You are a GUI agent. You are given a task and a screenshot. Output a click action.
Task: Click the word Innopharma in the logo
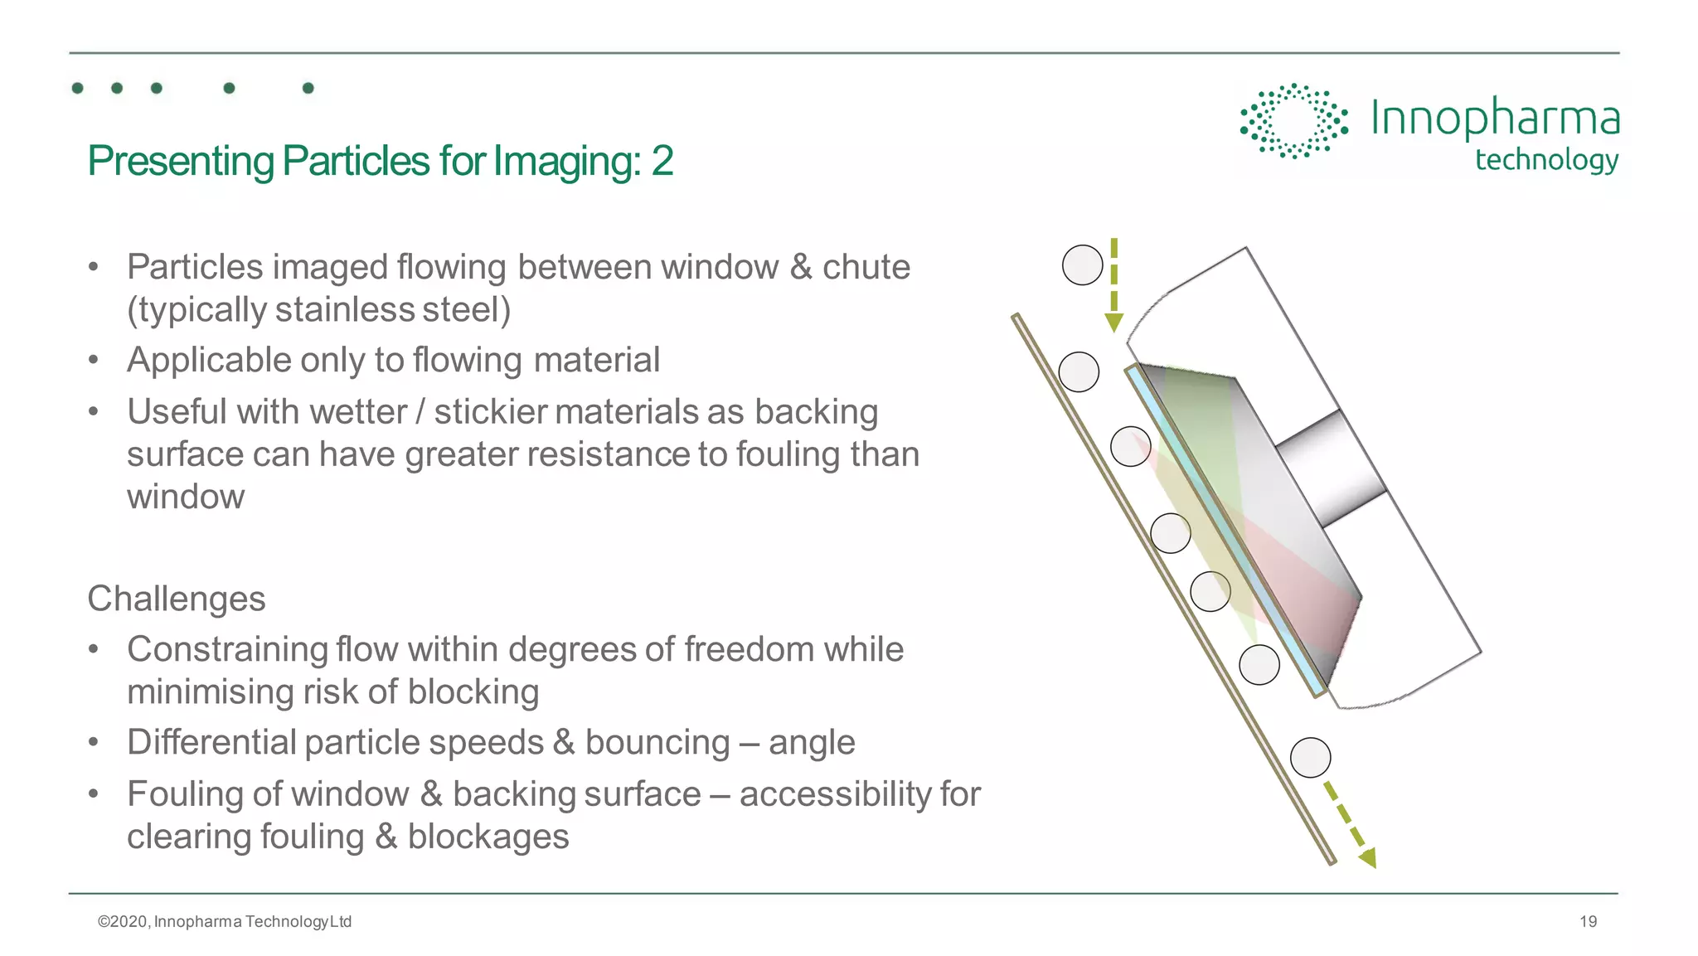point(1494,118)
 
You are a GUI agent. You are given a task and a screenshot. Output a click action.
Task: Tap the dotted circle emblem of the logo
point(1293,121)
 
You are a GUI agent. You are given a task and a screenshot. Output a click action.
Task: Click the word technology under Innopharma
point(1546,159)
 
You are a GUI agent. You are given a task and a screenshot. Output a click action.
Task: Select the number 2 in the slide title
point(662,161)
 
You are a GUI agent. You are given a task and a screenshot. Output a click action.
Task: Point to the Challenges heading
point(177,599)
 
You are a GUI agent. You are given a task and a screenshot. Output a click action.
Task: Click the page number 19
point(1588,921)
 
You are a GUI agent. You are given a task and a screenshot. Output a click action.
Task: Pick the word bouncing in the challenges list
point(657,742)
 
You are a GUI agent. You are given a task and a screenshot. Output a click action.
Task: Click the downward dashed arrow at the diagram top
point(1113,286)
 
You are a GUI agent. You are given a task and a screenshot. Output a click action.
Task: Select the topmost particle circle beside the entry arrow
point(1082,265)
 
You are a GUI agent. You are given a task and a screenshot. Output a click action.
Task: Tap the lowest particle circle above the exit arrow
point(1310,758)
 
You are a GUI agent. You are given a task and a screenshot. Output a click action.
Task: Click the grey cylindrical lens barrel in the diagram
point(1332,468)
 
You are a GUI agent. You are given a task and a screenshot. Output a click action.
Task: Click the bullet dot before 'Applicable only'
point(94,360)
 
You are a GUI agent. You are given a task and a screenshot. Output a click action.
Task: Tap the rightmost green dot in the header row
point(308,88)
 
